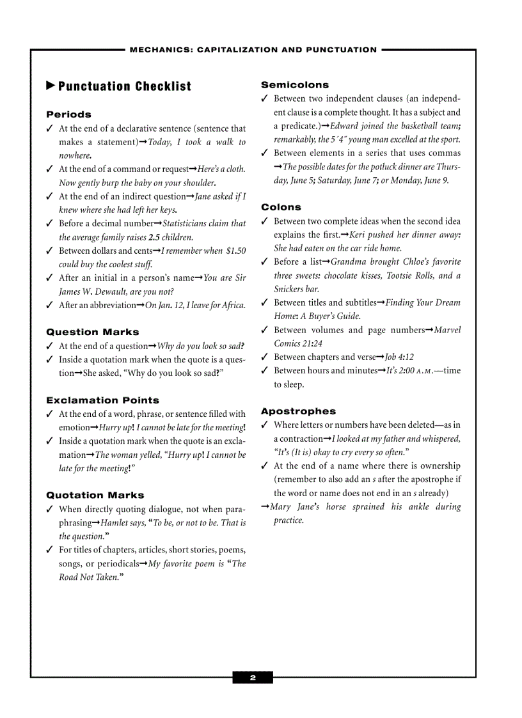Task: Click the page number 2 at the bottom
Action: (253, 678)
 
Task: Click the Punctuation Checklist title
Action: (125, 86)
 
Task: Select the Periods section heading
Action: (68, 114)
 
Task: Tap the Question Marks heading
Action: (92, 332)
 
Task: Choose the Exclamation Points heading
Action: (102, 400)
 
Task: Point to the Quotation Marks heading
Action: (95, 495)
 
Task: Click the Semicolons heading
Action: (295, 85)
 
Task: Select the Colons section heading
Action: (281, 207)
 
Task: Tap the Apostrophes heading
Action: (298, 411)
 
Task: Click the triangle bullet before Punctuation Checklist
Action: (51, 86)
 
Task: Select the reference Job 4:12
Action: (399, 357)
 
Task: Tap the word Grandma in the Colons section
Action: (350, 262)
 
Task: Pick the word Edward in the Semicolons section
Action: (344, 126)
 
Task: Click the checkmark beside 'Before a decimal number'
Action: (49, 224)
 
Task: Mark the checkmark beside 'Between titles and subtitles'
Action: (264, 303)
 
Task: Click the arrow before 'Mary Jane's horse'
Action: (265, 507)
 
